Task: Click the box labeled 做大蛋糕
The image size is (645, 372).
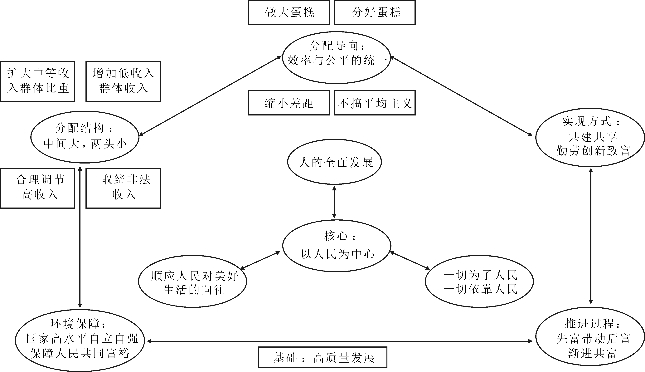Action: pos(289,12)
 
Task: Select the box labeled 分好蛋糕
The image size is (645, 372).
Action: pos(375,12)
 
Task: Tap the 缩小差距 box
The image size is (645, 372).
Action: pos(289,103)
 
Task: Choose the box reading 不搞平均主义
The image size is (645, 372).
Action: pos(375,103)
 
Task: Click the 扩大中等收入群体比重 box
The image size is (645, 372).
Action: pos(37,81)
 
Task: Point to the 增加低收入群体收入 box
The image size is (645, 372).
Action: pos(123,81)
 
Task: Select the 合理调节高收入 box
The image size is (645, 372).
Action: pos(37,188)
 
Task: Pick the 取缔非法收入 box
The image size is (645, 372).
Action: pos(123,188)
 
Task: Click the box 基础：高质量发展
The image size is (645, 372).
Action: pos(322,357)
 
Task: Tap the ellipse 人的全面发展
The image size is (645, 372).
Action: pos(334,162)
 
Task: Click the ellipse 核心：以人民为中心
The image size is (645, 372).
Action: pos(337,246)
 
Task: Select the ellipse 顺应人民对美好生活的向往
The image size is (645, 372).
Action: pos(192,281)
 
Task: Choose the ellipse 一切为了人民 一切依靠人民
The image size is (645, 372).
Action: pos(479,281)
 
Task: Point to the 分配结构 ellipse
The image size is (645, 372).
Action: pos(85,137)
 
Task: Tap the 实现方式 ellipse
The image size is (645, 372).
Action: pos(590,137)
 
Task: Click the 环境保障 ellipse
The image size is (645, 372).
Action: pos(80,340)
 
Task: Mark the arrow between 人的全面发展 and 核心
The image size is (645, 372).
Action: pos(334,202)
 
